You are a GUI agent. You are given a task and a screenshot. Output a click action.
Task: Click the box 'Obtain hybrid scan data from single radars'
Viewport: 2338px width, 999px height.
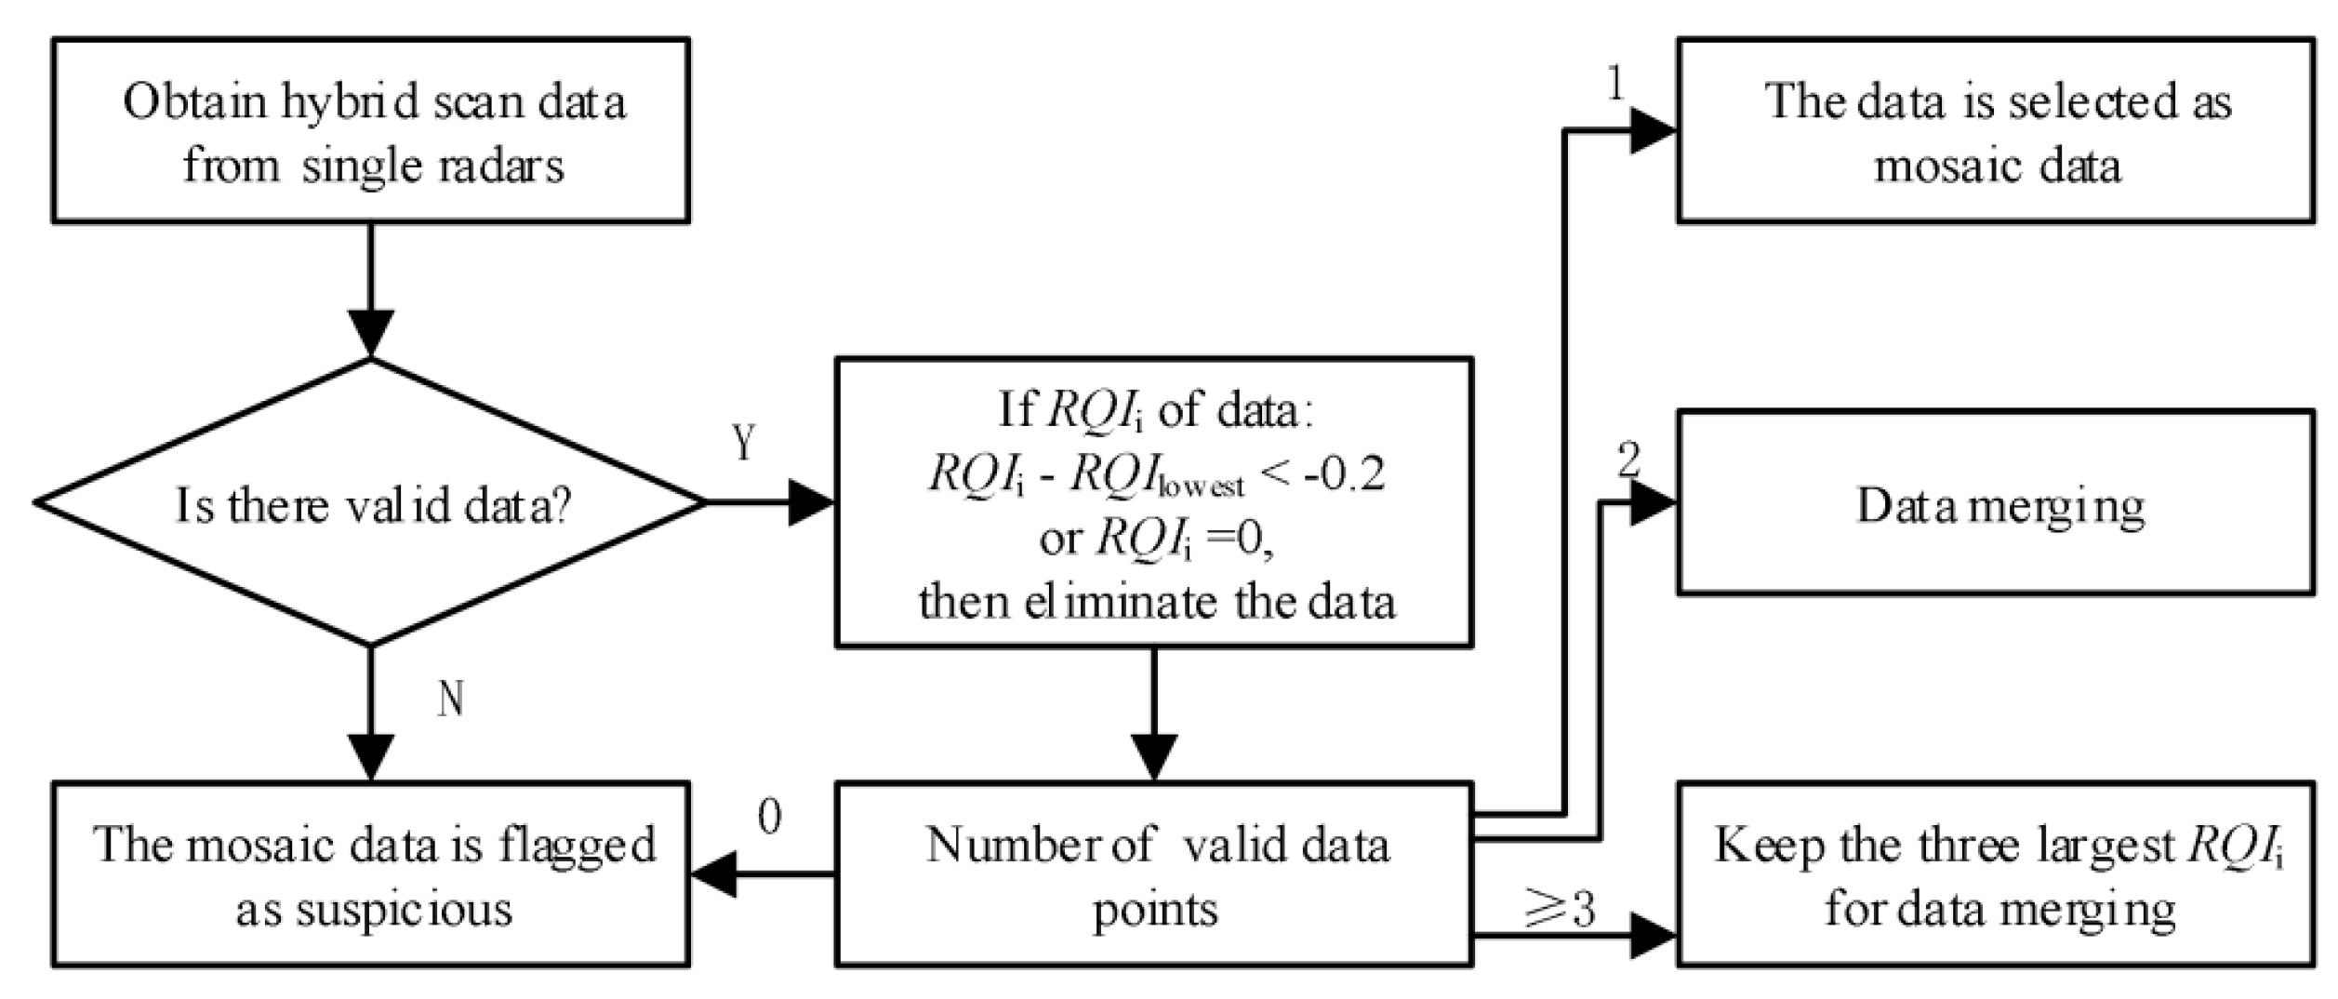pos(370,130)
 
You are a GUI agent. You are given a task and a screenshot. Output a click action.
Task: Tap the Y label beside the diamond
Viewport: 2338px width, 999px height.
pos(743,443)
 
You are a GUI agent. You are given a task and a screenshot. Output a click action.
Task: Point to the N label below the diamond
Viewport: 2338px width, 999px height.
pos(451,698)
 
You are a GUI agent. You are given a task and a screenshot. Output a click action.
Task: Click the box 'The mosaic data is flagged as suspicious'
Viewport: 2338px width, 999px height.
pos(370,874)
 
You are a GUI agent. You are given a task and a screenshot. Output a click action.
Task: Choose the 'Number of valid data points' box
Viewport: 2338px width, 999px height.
pos(1153,874)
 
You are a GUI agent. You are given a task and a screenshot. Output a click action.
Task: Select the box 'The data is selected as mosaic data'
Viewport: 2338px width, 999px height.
pos(1996,130)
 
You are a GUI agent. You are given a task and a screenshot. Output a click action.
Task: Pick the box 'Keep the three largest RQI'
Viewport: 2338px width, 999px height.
pos(1996,874)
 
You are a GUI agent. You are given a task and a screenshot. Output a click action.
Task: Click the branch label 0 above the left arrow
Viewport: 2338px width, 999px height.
pos(769,818)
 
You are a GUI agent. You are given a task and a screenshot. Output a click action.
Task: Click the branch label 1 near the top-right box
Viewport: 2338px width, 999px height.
pos(1615,86)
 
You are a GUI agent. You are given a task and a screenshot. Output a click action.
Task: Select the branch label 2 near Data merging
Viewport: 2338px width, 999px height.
pos(1628,460)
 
